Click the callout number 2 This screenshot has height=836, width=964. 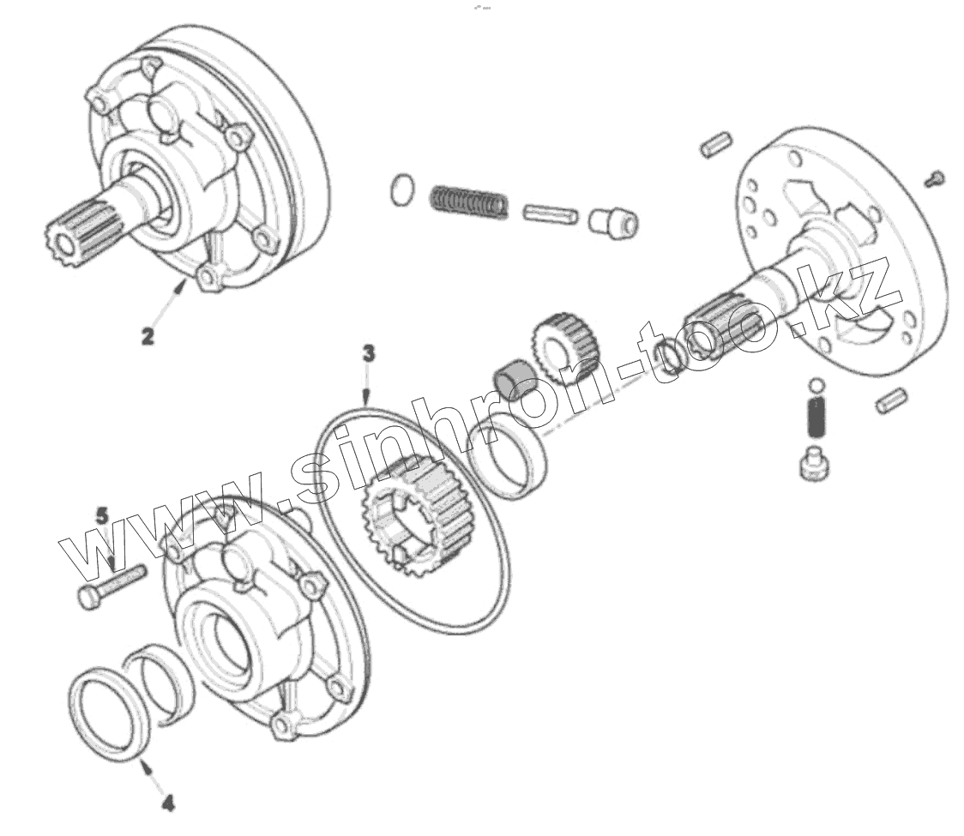[148, 336]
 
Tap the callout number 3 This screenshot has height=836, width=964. [368, 353]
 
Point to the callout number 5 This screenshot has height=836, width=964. [102, 516]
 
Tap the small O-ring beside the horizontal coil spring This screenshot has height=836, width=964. [401, 189]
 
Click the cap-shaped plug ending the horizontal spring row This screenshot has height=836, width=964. [613, 221]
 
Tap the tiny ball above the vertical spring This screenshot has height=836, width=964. [816, 385]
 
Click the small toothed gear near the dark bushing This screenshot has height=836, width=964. [565, 340]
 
